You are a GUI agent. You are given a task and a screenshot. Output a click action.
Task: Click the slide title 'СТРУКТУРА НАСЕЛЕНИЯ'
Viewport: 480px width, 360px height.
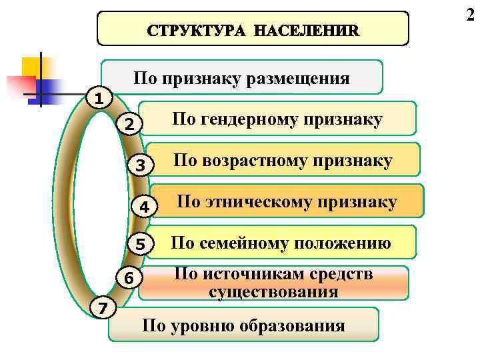(253, 29)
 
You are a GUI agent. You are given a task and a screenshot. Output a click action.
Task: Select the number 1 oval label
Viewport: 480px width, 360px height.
(98, 99)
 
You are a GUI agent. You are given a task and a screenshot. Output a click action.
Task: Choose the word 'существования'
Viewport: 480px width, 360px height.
(273, 292)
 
